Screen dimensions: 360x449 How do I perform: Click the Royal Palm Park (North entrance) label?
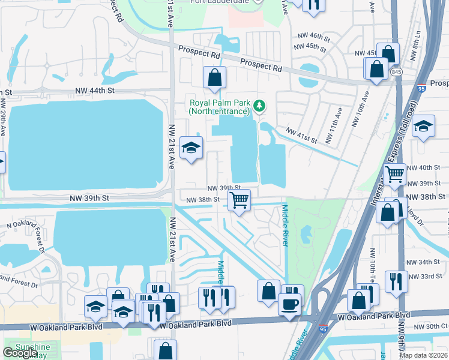point(219,107)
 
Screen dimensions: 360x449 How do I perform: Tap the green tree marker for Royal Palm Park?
point(259,106)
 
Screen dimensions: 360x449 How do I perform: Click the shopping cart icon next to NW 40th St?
point(394,174)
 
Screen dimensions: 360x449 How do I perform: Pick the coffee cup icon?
point(289,304)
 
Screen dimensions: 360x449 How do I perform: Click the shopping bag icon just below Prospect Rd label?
point(214,77)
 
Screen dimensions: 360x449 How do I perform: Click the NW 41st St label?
point(301,135)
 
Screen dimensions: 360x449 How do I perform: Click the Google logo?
point(20,353)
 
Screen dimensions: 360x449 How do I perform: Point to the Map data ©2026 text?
point(423,355)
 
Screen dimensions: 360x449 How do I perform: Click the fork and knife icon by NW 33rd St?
point(396,281)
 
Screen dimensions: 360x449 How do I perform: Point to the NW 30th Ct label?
point(430,326)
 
